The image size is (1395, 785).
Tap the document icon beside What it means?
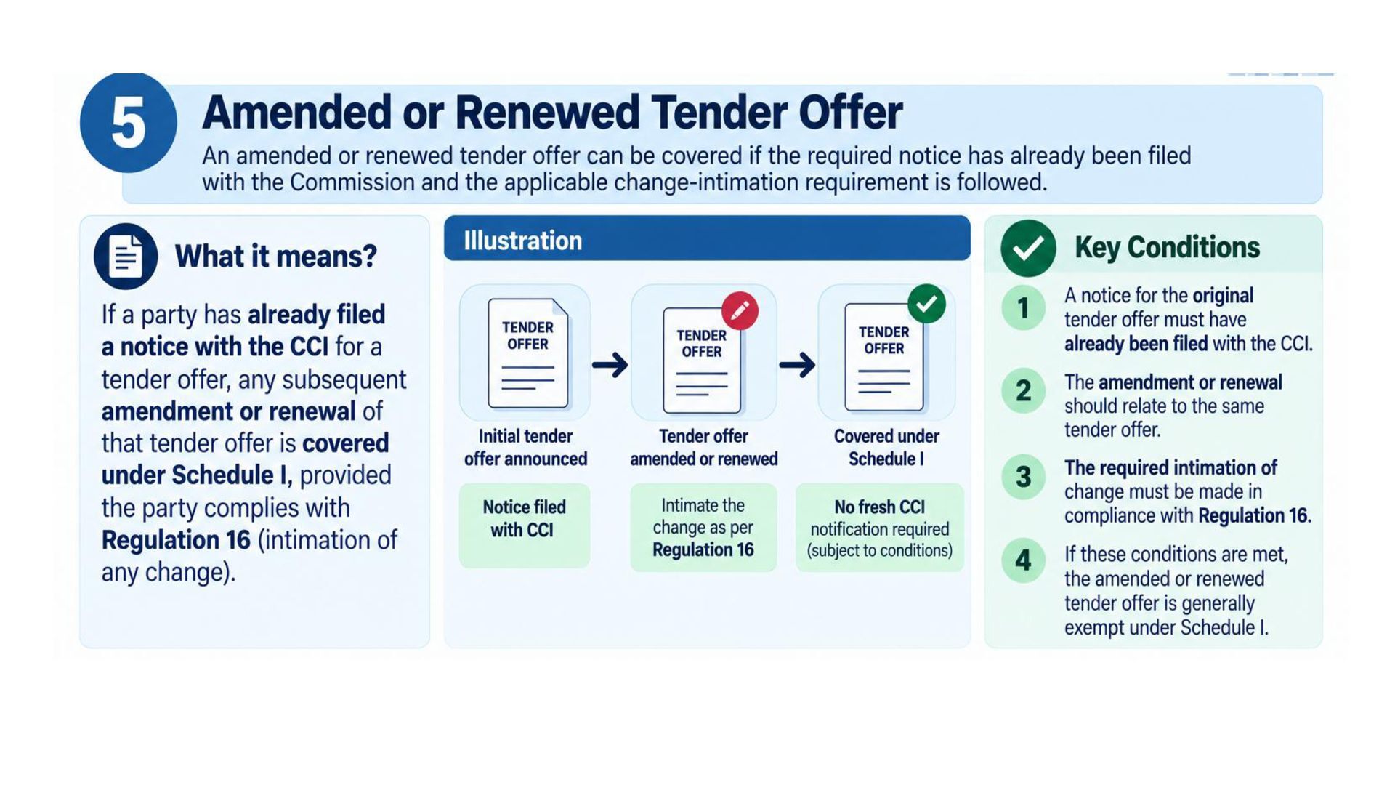click(x=126, y=257)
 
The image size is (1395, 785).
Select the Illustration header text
click(x=523, y=241)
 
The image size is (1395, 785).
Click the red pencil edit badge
click(x=740, y=310)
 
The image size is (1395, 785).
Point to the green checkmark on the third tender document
click(x=926, y=304)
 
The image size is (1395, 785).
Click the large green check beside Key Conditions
click(x=1028, y=248)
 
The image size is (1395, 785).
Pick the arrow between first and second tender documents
click(x=610, y=364)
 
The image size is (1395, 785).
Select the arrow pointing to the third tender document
click(x=797, y=364)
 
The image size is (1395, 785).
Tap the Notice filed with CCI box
click(x=525, y=525)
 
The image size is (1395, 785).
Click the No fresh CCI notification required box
click(x=880, y=527)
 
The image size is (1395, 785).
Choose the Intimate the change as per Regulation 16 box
click(x=703, y=527)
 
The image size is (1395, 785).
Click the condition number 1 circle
click(x=1023, y=307)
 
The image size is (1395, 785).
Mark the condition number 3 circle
click(x=1023, y=477)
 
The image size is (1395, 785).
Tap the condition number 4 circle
click(x=1023, y=560)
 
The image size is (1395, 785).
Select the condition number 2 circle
click(x=1023, y=391)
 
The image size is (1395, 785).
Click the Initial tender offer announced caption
click(x=525, y=447)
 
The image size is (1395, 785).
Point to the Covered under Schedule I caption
click(x=886, y=447)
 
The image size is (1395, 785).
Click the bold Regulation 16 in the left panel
click(x=176, y=540)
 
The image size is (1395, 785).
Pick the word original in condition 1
click(x=1223, y=296)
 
